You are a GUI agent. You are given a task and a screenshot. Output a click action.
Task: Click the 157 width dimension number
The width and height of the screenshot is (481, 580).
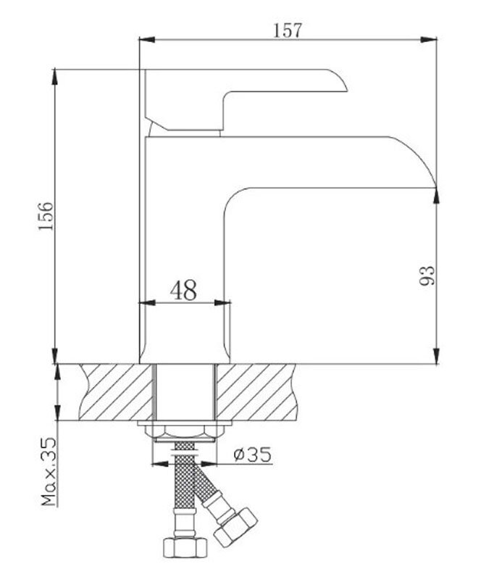pyautogui.click(x=288, y=30)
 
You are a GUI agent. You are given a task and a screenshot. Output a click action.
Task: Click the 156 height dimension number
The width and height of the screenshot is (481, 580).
pyautogui.click(x=46, y=216)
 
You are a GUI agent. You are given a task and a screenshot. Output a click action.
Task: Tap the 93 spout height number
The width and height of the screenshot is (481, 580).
pyautogui.click(x=427, y=275)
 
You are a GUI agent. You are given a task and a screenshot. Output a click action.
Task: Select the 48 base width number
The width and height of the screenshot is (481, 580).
pyautogui.click(x=183, y=290)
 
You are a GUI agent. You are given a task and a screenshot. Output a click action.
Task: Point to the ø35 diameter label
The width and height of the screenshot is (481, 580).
pyautogui.click(x=253, y=454)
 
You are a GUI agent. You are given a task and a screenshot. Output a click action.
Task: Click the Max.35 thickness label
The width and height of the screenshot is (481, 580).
pyautogui.click(x=49, y=472)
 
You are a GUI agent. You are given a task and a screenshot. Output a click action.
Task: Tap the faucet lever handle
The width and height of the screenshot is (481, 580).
pyautogui.click(x=246, y=99)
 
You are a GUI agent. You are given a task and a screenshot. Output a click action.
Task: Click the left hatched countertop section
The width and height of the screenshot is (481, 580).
pyautogui.click(x=116, y=392)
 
